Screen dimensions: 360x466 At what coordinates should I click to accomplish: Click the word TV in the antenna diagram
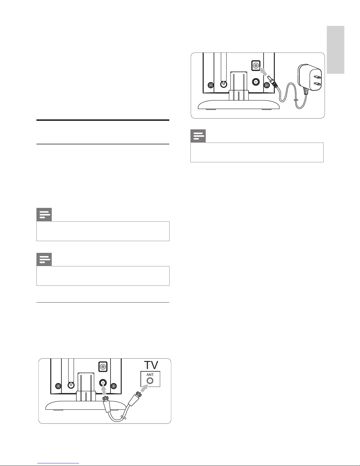pos(151,365)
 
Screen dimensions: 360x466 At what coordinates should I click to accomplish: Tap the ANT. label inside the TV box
pos(150,375)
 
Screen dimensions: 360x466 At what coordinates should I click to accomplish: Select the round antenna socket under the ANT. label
pos(150,381)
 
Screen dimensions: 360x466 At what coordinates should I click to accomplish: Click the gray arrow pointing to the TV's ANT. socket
pos(144,388)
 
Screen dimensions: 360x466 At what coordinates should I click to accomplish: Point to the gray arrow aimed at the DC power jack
pos(264,71)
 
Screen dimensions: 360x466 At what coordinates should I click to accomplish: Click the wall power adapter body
pos(309,77)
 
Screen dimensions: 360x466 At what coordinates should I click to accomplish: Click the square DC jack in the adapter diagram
pos(256,65)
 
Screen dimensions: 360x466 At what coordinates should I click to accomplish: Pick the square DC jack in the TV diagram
pos(103,367)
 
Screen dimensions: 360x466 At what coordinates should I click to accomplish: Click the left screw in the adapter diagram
pos(211,85)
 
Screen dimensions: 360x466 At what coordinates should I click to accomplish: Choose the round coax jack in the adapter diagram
pos(256,82)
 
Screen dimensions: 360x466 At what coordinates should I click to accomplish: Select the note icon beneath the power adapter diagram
pos(198,136)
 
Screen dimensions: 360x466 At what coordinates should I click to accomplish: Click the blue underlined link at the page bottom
pos(58,463)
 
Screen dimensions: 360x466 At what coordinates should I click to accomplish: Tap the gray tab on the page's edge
pos(335,50)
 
